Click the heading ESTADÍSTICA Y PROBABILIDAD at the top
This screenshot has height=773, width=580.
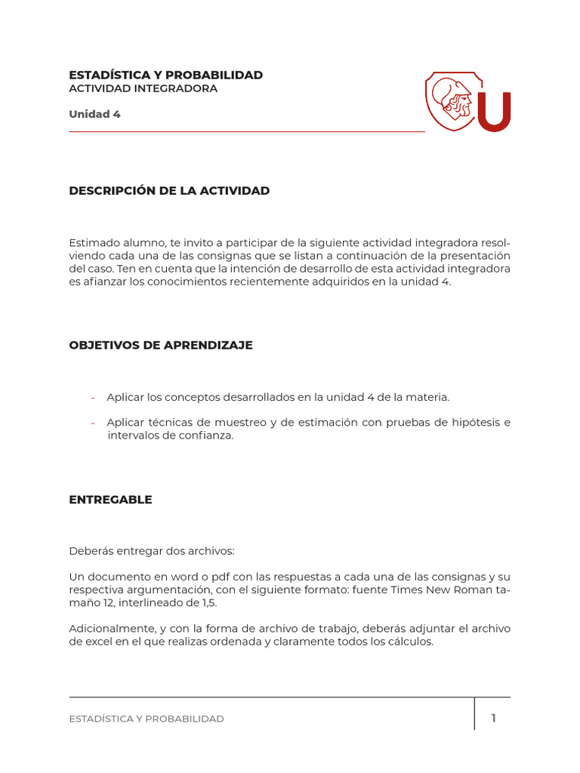[165, 75]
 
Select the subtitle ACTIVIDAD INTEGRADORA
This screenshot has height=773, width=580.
[143, 88]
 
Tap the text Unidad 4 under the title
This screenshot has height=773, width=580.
[94, 115]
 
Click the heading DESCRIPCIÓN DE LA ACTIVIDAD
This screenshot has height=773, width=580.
[169, 191]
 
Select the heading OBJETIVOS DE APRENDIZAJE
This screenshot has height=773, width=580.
[161, 345]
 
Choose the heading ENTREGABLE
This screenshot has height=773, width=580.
[110, 500]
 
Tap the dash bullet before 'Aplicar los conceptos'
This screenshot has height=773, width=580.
[93, 398]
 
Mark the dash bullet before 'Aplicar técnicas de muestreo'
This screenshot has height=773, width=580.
[93, 423]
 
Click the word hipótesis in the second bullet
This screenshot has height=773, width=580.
[474, 422]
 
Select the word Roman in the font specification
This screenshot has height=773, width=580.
[471, 590]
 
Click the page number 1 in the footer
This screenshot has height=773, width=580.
[493, 718]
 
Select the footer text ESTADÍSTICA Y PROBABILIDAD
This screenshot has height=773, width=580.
[147, 719]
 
